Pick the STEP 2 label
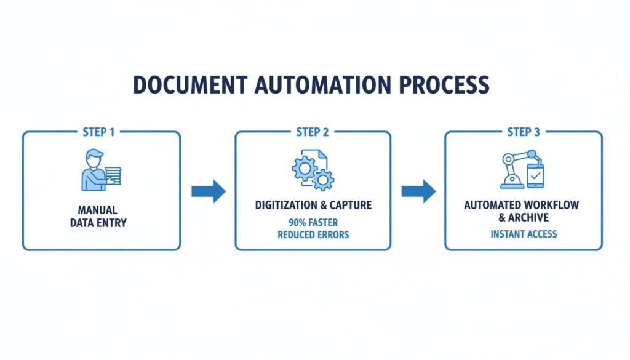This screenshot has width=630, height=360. (x=313, y=132)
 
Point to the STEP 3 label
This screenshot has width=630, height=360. (x=524, y=132)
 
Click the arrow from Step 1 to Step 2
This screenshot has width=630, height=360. (x=208, y=191)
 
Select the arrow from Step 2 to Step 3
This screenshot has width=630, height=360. (x=418, y=191)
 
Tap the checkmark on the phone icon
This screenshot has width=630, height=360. (x=534, y=175)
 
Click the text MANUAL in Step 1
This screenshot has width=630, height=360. (x=98, y=210)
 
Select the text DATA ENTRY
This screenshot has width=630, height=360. (x=98, y=222)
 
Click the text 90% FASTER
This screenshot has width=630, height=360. (x=313, y=223)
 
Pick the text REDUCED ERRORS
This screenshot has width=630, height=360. (x=313, y=234)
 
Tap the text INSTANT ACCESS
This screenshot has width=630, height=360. (x=524, y=234)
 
